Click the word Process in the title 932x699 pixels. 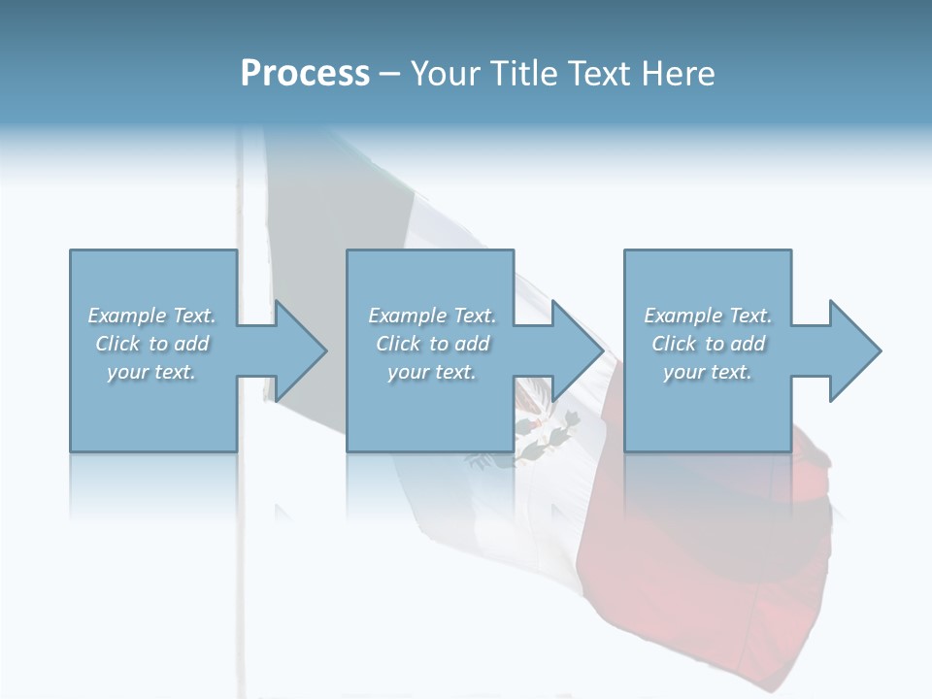pos(305,74)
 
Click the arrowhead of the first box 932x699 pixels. pos(297,350)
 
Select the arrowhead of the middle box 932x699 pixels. pos(575,350)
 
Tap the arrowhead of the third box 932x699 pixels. pos(852,350)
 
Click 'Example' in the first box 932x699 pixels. pos(127,316)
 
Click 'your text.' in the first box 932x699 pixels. pos(151,372)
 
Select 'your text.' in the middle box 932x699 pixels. pos(432,372)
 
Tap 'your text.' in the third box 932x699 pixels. pos(708,372)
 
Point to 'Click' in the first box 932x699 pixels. pos(117,344)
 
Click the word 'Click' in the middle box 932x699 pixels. pos(398,344)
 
